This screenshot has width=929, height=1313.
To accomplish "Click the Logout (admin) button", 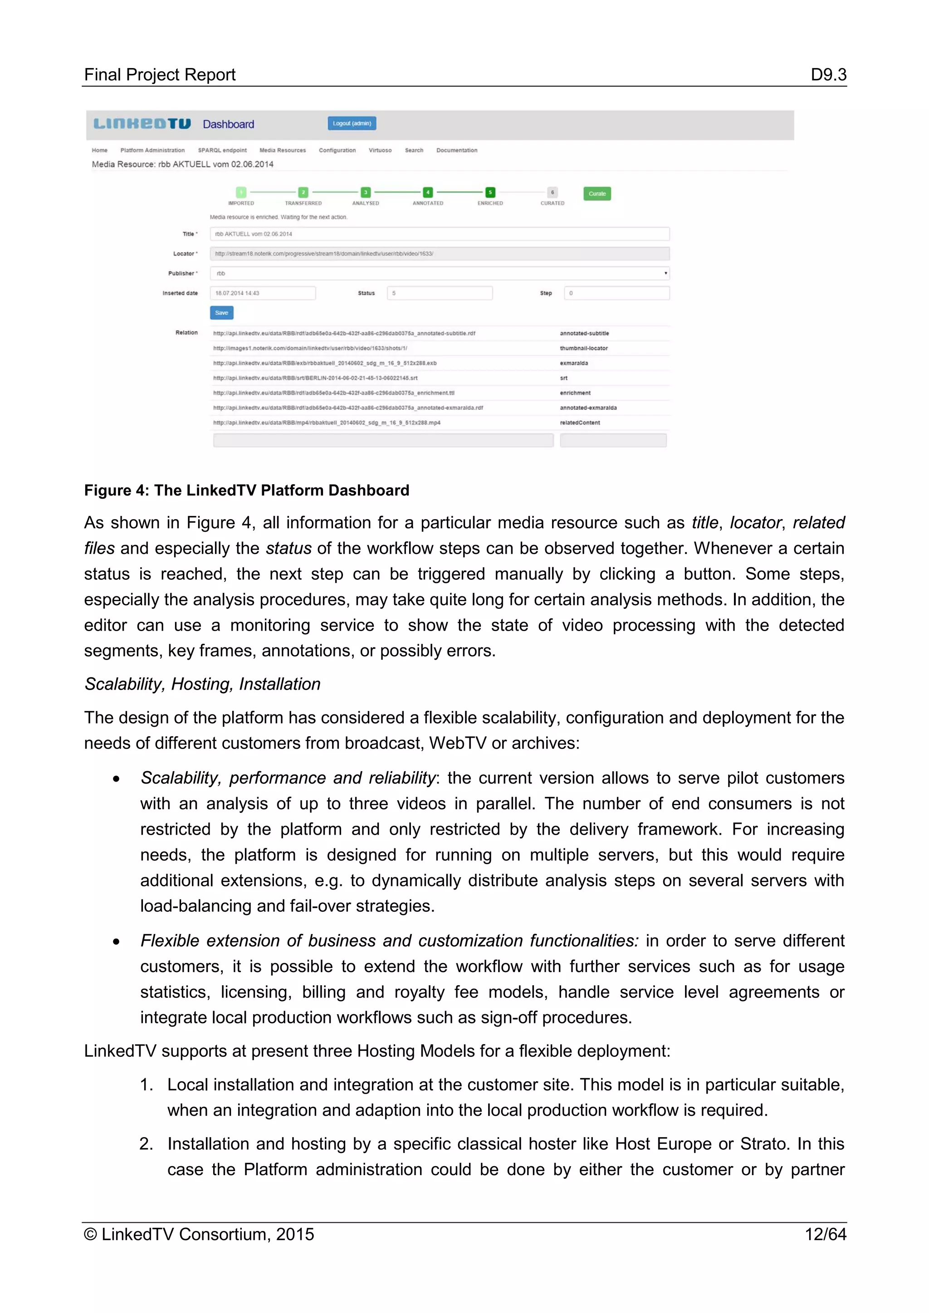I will pos(352,123).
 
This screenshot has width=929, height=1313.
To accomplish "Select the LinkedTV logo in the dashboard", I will pos(142,124).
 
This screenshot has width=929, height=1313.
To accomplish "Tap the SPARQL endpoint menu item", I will pos(222,151).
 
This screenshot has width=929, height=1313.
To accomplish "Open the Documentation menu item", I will pos(456,151).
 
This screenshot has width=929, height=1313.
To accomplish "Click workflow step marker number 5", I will pos(489,193).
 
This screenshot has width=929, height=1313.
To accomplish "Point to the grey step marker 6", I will pos(552,193).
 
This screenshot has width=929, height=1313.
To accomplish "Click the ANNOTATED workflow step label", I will pos(427,204).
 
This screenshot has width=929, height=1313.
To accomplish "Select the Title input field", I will pos(440,234).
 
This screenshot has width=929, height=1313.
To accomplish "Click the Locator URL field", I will pos(440,254).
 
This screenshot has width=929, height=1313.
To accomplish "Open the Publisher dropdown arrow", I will pos(665,273).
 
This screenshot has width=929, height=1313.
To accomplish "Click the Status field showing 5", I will pos(440,293).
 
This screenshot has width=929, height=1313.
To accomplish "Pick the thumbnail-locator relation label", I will pos(583,348).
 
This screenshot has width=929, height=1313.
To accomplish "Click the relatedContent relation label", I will pos(579,423).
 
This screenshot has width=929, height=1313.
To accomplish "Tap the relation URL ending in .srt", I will pos(315,378).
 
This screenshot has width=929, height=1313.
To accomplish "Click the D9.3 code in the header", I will pos(828,75).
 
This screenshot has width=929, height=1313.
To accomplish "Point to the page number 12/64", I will pos(825,1234).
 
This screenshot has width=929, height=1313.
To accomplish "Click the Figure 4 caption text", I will pos(247,490).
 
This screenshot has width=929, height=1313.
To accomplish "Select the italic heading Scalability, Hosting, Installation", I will pos(202,684).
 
